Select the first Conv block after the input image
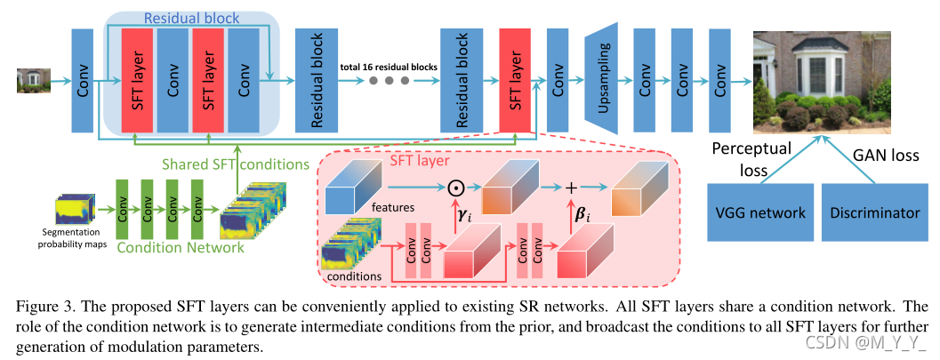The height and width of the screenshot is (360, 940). (83, 78)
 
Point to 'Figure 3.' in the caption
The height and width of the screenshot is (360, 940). (44, 308)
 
